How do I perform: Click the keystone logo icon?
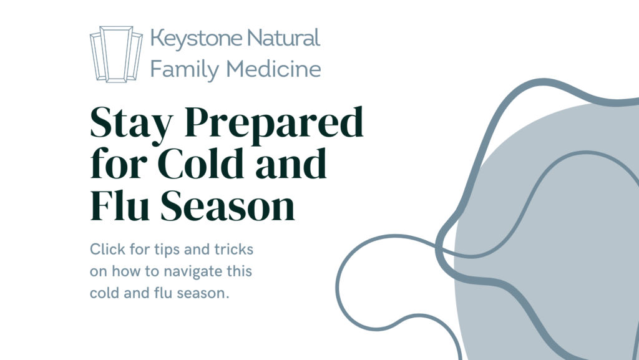(x=116, y=54)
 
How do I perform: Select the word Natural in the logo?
(x=284, y=37)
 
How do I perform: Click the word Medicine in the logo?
(x=273, y=69)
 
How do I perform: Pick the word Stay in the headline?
(x=132, y=124)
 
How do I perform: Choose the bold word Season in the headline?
(x=227, y=206)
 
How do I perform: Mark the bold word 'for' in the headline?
(x=119, y=163)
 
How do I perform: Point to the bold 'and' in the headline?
(x=291, y=163)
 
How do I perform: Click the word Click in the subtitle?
(x=107, y=249)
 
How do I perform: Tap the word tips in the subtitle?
(x=167, y=250)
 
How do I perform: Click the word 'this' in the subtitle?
(x=240, y=271)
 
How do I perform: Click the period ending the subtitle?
(x=227, y=298)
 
